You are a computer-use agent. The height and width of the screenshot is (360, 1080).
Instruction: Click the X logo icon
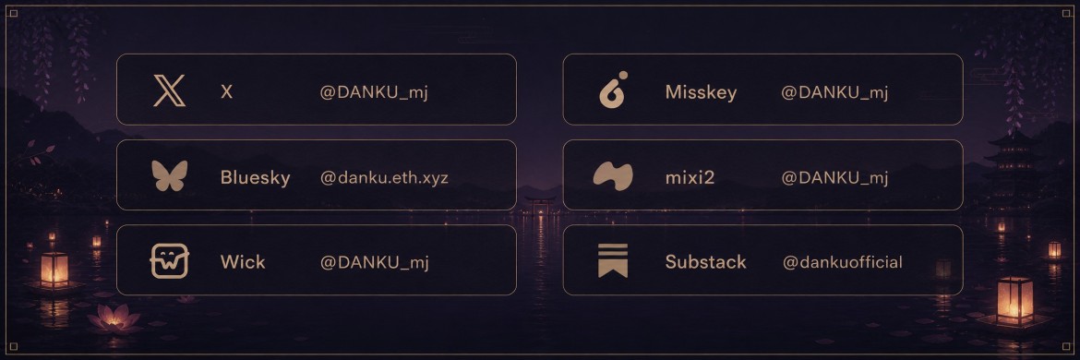coord(170,90)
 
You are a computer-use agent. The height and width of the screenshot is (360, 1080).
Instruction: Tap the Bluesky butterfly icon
coord(170,175)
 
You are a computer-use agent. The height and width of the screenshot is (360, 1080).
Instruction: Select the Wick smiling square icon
coord(170,261)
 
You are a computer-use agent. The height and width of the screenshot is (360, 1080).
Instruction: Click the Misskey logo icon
coord(614,90)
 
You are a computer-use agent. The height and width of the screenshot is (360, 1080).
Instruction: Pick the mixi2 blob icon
coord(613,176)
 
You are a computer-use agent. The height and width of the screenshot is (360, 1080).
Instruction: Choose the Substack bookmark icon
coord(613,260)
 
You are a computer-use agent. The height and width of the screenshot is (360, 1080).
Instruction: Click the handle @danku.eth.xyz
coord(384,177)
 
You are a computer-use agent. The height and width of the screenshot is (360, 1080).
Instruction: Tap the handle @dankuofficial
coord(843,262)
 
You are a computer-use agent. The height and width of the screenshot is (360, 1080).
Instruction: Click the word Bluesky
coord(255,178)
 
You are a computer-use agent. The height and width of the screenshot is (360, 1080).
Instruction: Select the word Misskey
coord(702,93)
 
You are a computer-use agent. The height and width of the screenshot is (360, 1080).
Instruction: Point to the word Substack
coord(706,262)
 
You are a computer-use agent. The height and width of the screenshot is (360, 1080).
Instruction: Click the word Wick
coord(243,262)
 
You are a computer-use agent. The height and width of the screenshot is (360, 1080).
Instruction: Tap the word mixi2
coord(690,177)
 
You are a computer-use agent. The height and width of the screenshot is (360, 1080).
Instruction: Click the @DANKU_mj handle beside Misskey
coord(834,92)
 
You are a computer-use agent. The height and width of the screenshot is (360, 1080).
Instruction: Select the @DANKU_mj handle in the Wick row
coord(374,262)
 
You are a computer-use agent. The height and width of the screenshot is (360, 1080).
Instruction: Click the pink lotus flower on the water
coord(114,318)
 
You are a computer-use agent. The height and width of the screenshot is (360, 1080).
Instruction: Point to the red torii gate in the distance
coord(539,204)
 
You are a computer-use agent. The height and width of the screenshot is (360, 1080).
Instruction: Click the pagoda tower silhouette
coord(1012,165)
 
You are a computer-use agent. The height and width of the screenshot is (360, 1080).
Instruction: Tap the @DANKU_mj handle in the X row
coord(374,92)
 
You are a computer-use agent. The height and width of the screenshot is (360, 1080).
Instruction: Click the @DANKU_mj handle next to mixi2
coord(834,177)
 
